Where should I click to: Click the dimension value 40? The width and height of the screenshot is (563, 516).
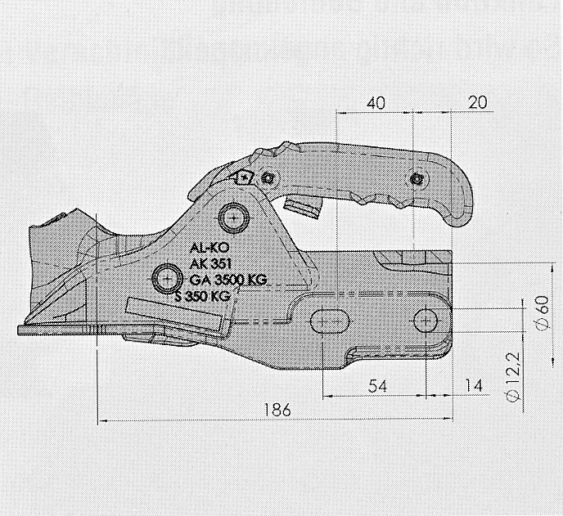[376, 102]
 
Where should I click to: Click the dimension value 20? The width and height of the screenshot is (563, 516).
[478, 102]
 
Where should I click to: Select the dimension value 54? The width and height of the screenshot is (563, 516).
[378, 387]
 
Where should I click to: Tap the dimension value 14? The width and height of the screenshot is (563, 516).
[474, 386]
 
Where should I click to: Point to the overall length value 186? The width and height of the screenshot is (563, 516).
[277, 410]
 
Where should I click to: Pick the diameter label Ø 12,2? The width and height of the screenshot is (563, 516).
[514, 377]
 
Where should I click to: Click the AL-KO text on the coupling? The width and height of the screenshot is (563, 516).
[209, 247]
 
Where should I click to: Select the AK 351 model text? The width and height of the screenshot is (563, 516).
[210, 264]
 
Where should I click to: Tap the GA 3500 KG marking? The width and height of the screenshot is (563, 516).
[228, 280]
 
